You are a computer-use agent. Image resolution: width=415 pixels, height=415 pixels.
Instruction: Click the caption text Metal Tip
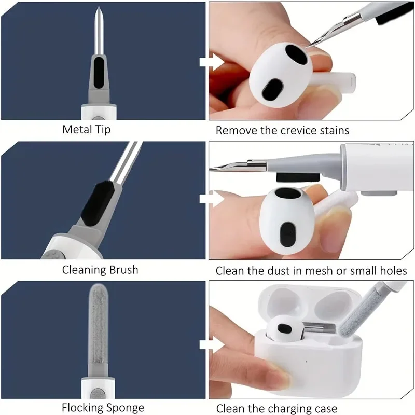(86, 129)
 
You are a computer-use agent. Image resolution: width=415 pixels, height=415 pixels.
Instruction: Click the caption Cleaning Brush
(100, 270)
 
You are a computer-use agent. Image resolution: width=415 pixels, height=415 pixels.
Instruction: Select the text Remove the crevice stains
(282, 130)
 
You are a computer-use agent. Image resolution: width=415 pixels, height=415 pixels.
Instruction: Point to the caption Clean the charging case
(276, 408)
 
